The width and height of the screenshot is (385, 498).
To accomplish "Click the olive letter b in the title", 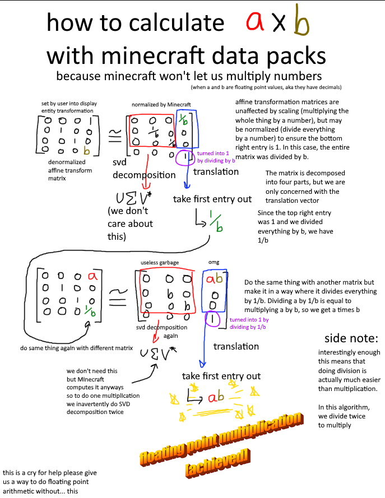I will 301,24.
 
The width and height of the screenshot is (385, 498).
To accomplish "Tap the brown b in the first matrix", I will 86,150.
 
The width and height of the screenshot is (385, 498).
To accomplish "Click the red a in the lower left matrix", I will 90,276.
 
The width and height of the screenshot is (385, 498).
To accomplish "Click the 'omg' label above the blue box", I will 213,263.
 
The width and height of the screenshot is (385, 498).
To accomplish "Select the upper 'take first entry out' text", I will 212,199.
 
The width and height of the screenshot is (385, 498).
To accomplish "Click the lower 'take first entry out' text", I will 221,376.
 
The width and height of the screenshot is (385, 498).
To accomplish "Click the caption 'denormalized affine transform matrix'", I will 63,170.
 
